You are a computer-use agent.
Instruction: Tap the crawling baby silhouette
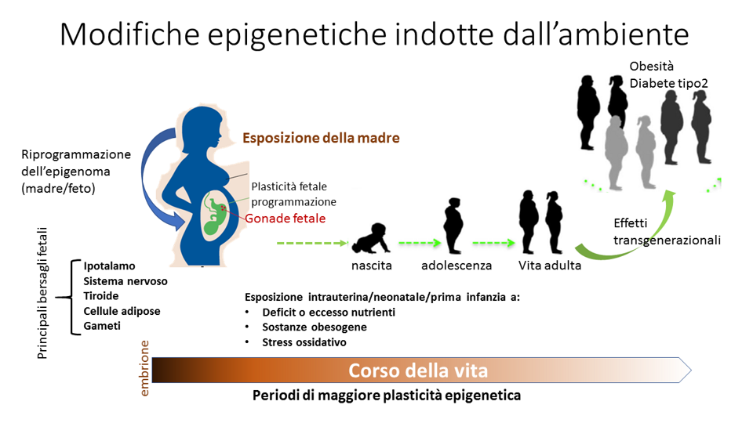371,238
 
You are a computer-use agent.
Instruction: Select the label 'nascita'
371,266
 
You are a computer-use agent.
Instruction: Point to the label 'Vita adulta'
549,266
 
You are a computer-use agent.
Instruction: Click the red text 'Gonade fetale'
286,219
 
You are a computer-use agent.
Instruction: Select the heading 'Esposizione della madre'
321,138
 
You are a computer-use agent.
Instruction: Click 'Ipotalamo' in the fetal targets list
109,266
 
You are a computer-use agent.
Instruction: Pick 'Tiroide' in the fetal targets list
101,296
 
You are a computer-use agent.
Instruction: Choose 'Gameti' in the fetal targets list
102,326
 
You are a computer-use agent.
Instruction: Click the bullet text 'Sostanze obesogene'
314,327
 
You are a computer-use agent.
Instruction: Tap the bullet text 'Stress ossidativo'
304,342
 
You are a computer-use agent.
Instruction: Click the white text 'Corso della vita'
418,371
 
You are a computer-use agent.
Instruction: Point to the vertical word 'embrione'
144,368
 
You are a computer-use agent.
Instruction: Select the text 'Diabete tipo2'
668,84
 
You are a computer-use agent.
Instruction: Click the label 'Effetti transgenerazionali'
667,232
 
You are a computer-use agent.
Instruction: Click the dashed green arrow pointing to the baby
313,243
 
